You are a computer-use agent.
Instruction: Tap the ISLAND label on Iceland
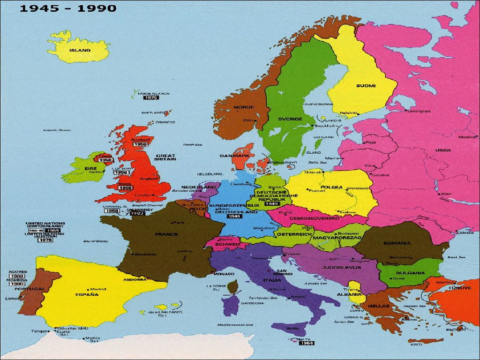point(80,50)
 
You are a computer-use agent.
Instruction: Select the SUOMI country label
point(366,86)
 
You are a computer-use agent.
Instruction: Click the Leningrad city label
point(418,111)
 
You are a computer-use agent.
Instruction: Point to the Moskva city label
point(467,137)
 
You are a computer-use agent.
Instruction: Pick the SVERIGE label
point(290,119)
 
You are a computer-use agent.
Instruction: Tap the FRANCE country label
point(166,234)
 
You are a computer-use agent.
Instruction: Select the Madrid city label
point(98,289)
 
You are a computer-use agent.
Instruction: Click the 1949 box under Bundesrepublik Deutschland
point(234,217)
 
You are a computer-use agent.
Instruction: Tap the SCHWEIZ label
point(227,244)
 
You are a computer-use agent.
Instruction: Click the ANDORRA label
point(135,279)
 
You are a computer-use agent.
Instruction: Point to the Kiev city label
point(446,194)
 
